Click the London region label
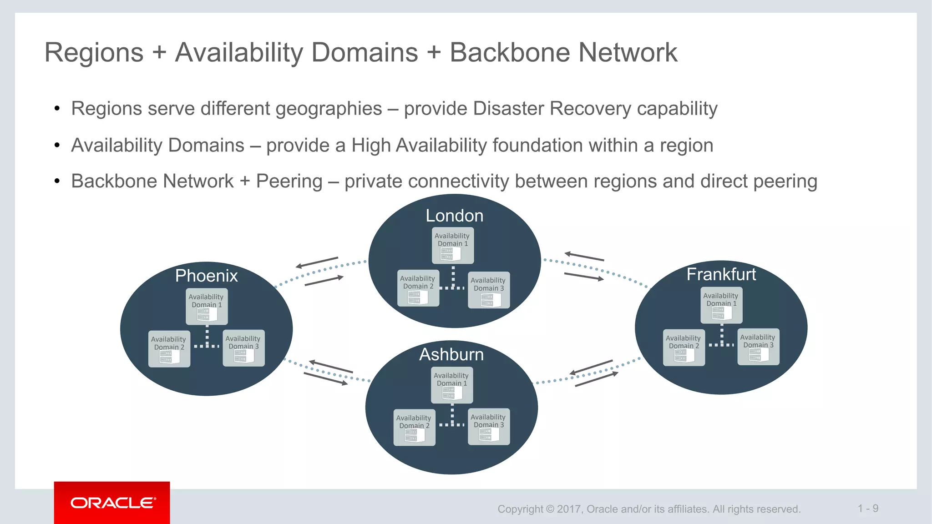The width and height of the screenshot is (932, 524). coord(454,216)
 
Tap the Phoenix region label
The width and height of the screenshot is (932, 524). coord(206,276)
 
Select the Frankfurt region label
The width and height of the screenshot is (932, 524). coord(721,274)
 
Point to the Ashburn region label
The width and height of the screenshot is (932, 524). coord(451,354)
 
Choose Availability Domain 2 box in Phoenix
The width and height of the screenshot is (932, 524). coord(169,349)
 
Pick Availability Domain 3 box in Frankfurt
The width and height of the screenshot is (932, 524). coord(758,347)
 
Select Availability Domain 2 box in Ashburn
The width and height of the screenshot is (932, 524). coord(414,427)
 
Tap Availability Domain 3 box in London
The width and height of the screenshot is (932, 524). coord(488,290)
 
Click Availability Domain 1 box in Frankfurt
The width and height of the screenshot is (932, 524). coord(721,305)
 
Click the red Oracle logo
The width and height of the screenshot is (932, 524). coord(112,503)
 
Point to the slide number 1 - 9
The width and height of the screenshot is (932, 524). coord(868,509)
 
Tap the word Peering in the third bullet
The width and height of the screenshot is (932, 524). coord(289,181)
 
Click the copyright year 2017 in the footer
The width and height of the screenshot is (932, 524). coord(569,509)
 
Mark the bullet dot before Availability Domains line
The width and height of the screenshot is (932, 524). coord(57,146)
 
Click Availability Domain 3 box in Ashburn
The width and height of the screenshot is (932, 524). coord(488,427)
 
